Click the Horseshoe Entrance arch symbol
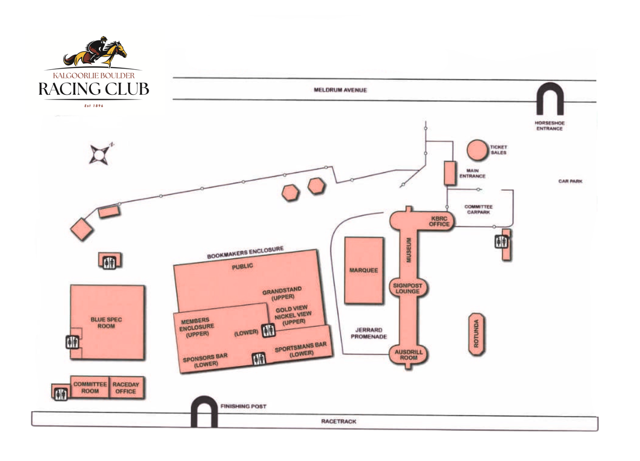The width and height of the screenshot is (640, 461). [x=550, y=99]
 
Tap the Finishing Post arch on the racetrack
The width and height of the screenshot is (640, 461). [x=204, y=411]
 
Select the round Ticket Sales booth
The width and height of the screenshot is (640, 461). [x=477, y=150]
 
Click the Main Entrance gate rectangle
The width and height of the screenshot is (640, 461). [x=449, y=173]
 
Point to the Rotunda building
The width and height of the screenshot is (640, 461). [x=477, y=335]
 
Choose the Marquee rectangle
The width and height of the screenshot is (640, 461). [x=364, y=270]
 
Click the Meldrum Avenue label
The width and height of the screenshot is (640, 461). [x=340, y=90]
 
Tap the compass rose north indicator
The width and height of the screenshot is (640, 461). [x=100, y=154]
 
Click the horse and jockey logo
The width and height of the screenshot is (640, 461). [x=96, y=52]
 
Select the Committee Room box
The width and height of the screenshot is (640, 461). [x=90, y=388]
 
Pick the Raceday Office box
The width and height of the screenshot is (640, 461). [x=126, y=388]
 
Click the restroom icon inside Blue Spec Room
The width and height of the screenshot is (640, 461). [x=72, y=342]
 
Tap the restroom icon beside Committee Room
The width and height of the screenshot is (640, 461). [x=61, y=394]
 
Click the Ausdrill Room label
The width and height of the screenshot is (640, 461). [x=408, y=355]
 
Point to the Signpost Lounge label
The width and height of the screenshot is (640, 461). [x=407, y=288]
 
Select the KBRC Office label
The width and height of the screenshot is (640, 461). [x=439, y=221]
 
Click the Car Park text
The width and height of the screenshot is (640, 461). [x=570, y=181]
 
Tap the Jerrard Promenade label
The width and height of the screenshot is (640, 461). [x=369, y=333]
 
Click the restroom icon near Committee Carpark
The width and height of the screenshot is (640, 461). [x=501, y=242]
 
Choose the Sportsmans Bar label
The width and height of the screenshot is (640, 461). [x=301, y=349]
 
